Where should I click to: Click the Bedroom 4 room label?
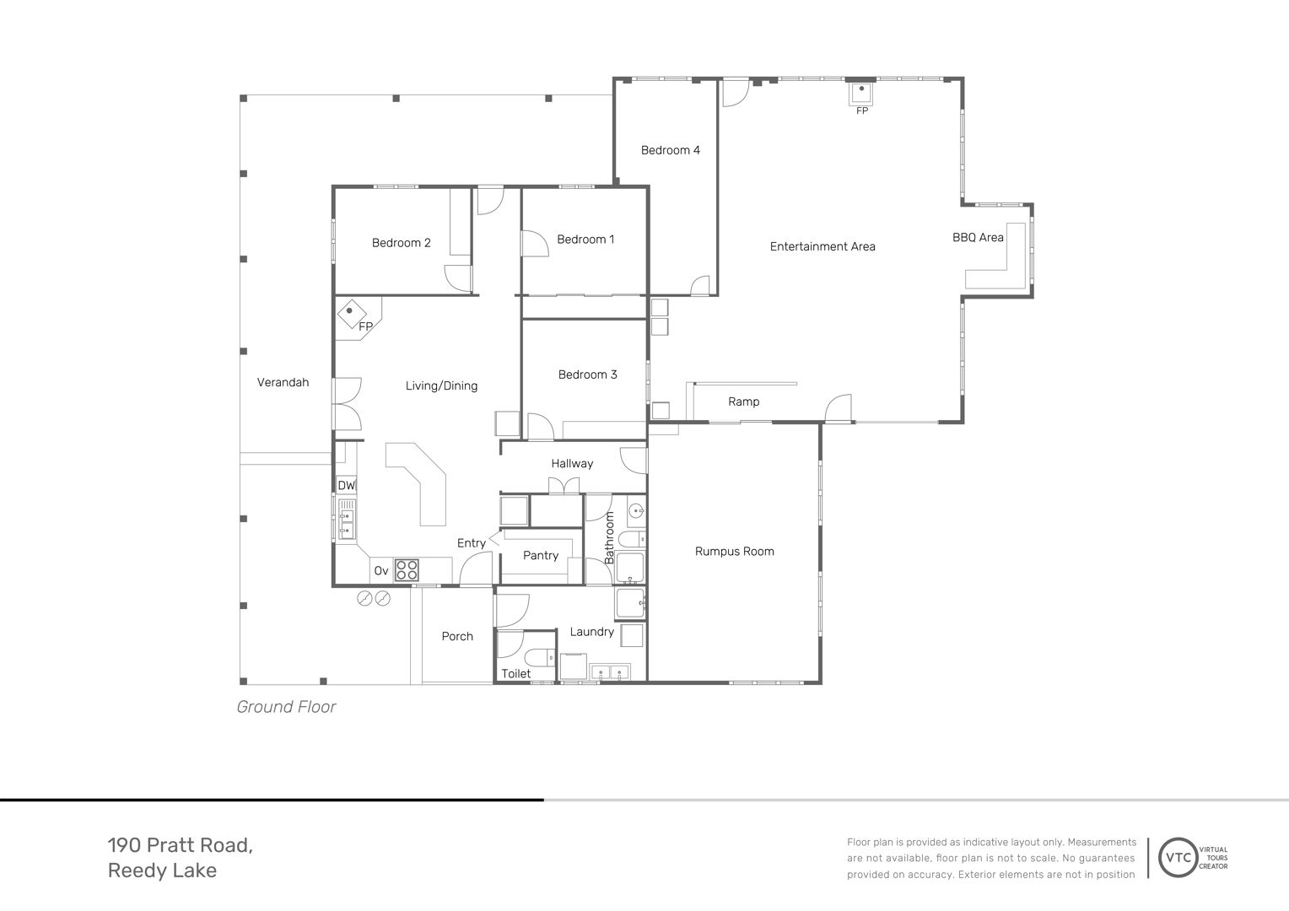[x=671, y=150]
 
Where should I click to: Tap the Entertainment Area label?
[x=822, y=246]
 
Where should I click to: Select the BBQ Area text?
[x=978, y=237]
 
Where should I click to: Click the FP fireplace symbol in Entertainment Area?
[x=861, y=94]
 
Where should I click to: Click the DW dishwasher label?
[x=347, y=486]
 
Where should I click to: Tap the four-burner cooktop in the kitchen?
[x=407, y=569]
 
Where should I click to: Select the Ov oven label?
[x=381, y=571]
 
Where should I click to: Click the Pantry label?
[x=541, y=555]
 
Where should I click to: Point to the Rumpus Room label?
[x=734, y=552]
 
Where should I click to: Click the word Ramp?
[x=743, y=402]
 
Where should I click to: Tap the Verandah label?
[x=283, y=382]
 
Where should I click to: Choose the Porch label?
[x=457, y=636]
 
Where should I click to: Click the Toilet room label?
[x=515, y=673]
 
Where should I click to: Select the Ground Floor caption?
[x=286, y=707]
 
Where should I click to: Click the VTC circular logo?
[x=1178, y=858]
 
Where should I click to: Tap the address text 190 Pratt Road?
[x=181, y=845]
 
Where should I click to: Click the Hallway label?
[x=572, y=463]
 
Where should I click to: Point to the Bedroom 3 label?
[x=587, y=375]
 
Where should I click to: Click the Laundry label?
[x=591, y=632]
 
